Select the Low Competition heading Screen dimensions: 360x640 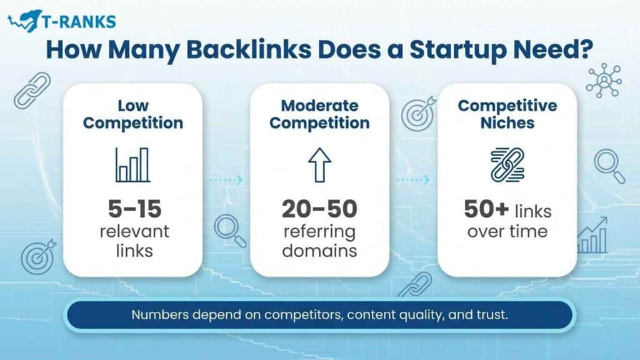point(132,114)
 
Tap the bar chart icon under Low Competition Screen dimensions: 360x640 point(132,165)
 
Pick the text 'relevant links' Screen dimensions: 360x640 point(132,241)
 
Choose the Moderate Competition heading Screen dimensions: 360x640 point(319,114)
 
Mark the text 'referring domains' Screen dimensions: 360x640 point(319,241)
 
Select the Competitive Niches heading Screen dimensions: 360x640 point(507,114)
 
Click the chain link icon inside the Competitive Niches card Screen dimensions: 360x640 point(507,165)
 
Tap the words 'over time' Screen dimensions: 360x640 point(507,231)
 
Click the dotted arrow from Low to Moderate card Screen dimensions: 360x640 point(226,180)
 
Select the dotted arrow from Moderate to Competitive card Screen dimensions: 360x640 point(413,180)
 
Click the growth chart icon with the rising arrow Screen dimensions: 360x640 point(592,236)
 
